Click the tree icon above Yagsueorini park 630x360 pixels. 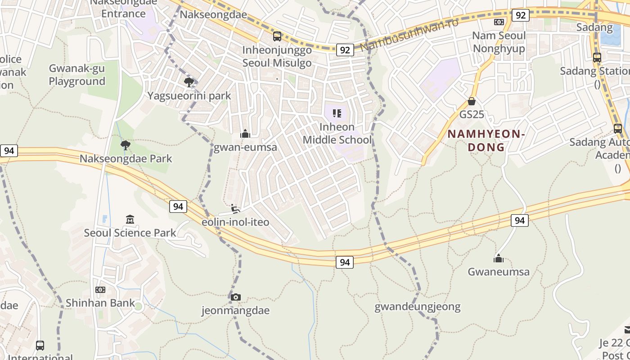189,82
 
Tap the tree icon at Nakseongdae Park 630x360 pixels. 126,145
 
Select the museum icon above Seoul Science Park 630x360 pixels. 130,219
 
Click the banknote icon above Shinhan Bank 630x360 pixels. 100,289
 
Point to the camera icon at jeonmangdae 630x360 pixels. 236,297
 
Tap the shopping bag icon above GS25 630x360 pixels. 472,101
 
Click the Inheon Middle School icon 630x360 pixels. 337,113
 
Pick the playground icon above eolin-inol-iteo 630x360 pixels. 235,208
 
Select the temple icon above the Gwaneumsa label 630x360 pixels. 498,258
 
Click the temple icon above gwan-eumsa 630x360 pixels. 245,134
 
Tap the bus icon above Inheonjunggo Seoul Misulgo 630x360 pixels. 277,36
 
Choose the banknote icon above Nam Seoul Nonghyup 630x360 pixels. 499,22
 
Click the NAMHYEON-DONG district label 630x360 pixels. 486,140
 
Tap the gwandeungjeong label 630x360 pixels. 418,307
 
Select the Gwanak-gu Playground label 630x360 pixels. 77,75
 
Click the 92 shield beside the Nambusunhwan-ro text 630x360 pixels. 345,49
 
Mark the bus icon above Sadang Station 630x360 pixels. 597,58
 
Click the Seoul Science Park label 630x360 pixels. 130,233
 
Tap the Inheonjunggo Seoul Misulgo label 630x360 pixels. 277,56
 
